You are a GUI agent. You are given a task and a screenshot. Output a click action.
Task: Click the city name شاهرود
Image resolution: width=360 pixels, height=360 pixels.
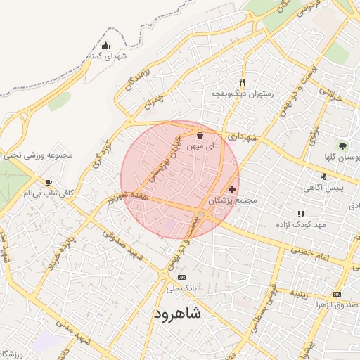pyautogui.click(x=176, y=314)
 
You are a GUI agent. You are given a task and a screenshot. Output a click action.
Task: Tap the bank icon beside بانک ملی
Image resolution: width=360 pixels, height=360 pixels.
pyautogui.click(x=182, y=277)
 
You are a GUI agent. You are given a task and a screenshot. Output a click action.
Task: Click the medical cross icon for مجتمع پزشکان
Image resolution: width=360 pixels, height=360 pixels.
pyautogui.click(x=232, y=189)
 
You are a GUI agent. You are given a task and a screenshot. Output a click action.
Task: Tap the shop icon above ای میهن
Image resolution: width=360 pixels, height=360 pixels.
pyautogui.click(x=200, y=136)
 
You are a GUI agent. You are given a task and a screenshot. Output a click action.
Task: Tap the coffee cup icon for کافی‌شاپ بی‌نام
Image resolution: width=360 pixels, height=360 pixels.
pyautogui.click(x=49, y=183)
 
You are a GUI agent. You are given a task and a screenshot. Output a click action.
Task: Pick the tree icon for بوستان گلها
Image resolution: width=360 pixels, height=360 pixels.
pyautogui.click(x=342, y=146)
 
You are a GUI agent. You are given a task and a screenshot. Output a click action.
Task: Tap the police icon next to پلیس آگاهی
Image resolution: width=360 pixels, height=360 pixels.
pyautogui.click(x=323, y=176)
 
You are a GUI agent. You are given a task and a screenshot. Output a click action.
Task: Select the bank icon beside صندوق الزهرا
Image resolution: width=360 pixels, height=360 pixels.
pyautogui.click(x=337, y=293)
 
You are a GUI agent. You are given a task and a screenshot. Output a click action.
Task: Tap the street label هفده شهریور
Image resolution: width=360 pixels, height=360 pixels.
pyautogui.click(x=134, y=197)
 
